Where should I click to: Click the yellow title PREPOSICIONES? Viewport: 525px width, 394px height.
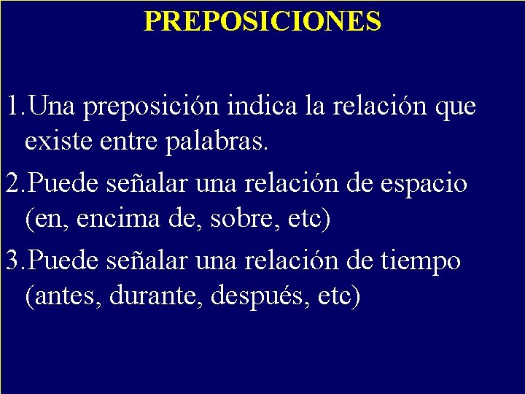pos(262,20)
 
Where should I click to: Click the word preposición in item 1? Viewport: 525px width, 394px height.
pos(151,108)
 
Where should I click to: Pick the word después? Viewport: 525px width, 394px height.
pos(247,297)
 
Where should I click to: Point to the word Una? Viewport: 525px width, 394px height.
pos(55,107)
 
